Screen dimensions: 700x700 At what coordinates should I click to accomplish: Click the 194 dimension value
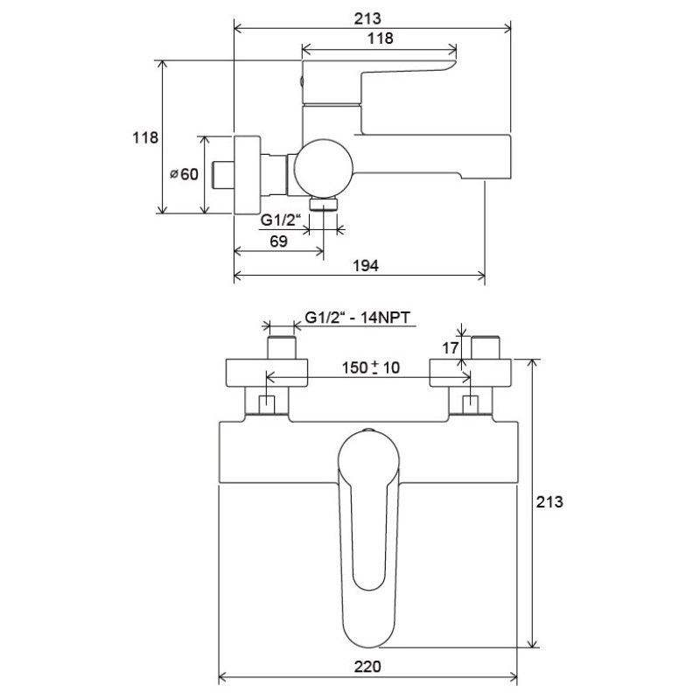point(366,266)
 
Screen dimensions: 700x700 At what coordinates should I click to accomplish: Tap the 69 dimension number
point(278,241)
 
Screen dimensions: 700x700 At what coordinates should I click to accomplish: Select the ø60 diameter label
point(184,173)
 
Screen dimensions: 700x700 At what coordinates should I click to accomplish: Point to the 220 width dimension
point(367,667)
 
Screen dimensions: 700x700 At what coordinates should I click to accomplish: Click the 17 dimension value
point(450,347)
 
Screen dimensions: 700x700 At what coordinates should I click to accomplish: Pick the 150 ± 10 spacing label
point(370,367)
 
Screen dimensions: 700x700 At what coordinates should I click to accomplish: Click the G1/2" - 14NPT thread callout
point(357,318)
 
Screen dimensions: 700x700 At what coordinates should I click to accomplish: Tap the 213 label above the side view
point(367,18)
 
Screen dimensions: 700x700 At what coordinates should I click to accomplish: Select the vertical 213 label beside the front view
point(549,501)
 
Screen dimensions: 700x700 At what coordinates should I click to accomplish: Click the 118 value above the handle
point(381,38)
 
